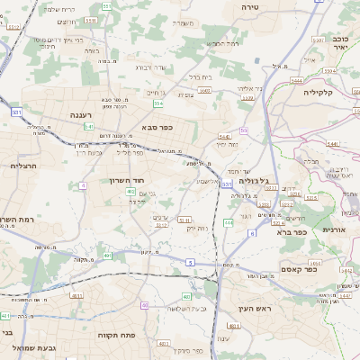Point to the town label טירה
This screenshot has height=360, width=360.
click(x=249, y=6)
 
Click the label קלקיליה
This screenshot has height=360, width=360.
click(x=318, y=92)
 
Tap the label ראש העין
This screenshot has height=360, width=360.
click(x=255, y=309)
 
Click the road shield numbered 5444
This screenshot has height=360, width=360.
click(x=296, y=81)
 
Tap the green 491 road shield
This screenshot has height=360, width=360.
click(x=108, y=256)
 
